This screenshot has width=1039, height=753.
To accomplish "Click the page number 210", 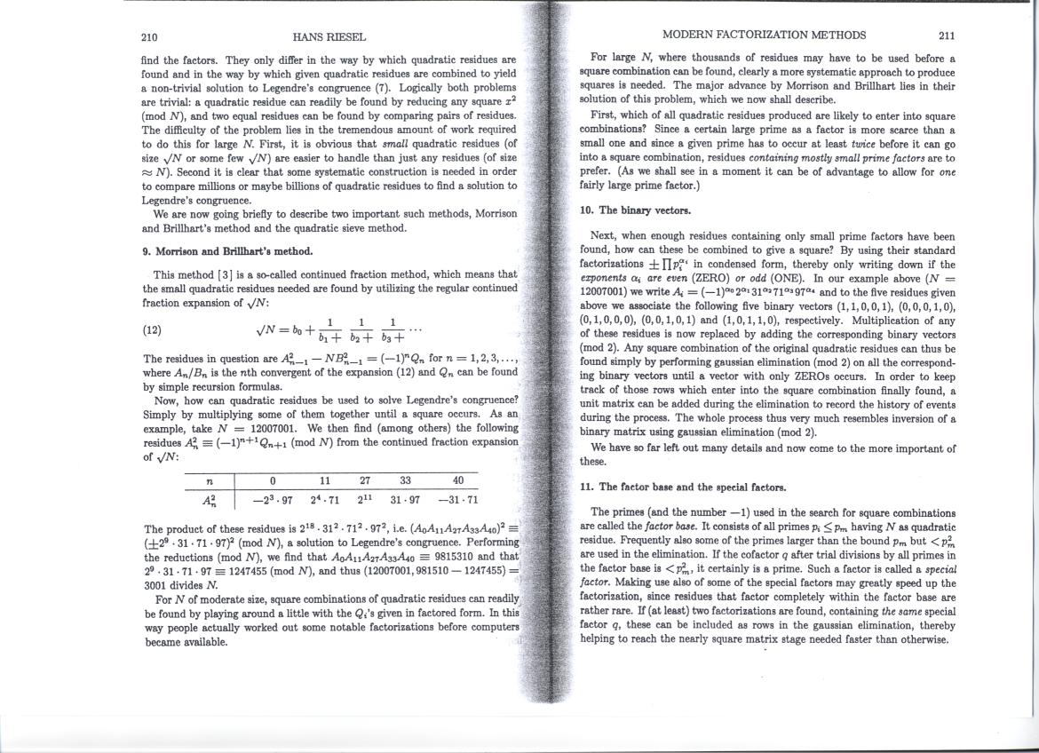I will point(149,37).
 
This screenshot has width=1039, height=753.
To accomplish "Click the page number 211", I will point(947,36).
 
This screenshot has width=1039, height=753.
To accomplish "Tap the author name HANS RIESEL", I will point(329,37).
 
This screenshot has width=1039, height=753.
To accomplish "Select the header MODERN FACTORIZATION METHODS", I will point(764,36).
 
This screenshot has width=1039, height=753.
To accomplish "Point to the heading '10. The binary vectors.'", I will point(635,210).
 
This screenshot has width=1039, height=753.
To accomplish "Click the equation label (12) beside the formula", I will point(153,329).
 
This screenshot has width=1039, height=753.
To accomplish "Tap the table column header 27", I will point(365,480).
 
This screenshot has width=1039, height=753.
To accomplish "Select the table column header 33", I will point(405,480).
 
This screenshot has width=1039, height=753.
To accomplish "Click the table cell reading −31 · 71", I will point(458,500).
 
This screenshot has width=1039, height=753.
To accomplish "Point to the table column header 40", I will point(458,480).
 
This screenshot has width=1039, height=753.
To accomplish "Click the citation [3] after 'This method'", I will point(218,274).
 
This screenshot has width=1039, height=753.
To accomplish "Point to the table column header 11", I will point(325,480).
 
